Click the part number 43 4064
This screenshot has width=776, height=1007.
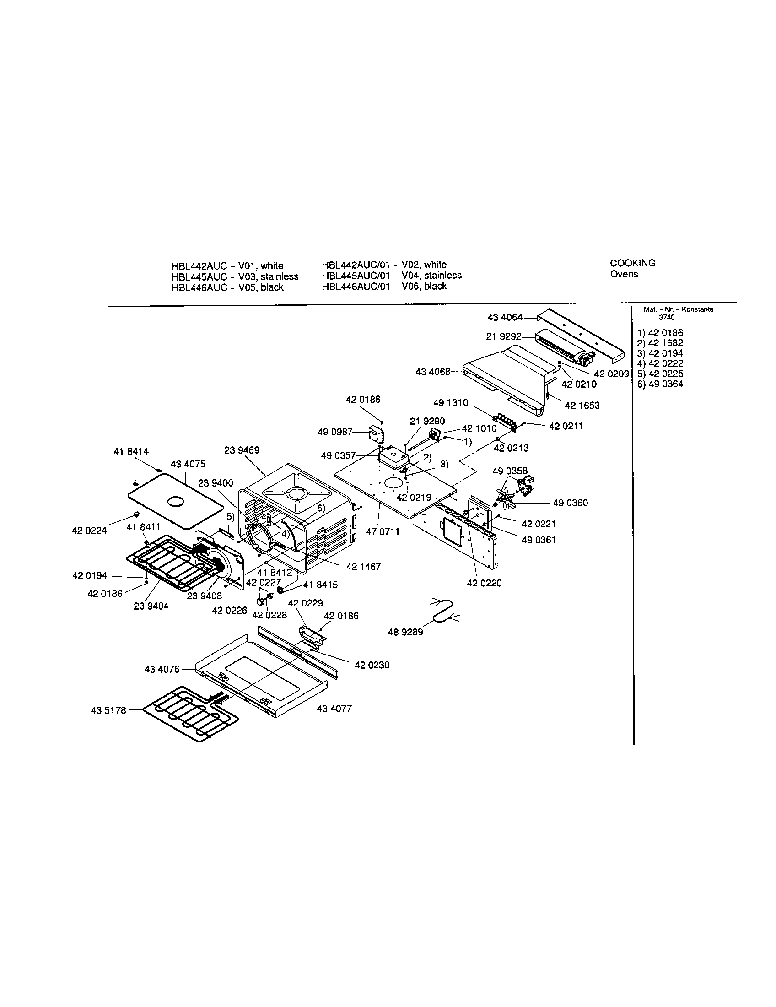(505, 317)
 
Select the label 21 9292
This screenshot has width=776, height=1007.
(504, 337)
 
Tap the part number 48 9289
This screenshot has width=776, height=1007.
(405, 632)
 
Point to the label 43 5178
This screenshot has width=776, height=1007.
(108, 710)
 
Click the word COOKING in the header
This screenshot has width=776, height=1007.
(632, 263)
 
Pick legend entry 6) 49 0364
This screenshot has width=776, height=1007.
(660, 384)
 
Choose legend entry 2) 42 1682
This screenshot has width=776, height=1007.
(660, 343)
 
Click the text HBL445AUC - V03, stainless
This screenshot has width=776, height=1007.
(235, 276)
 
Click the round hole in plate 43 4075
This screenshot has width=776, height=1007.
(175, 502)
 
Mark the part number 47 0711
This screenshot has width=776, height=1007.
(383, 531)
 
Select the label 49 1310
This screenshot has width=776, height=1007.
(450, 403)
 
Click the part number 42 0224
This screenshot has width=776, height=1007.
(89, 531)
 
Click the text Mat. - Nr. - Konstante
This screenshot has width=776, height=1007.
(678, 309)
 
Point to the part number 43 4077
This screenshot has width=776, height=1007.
(334, 709)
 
